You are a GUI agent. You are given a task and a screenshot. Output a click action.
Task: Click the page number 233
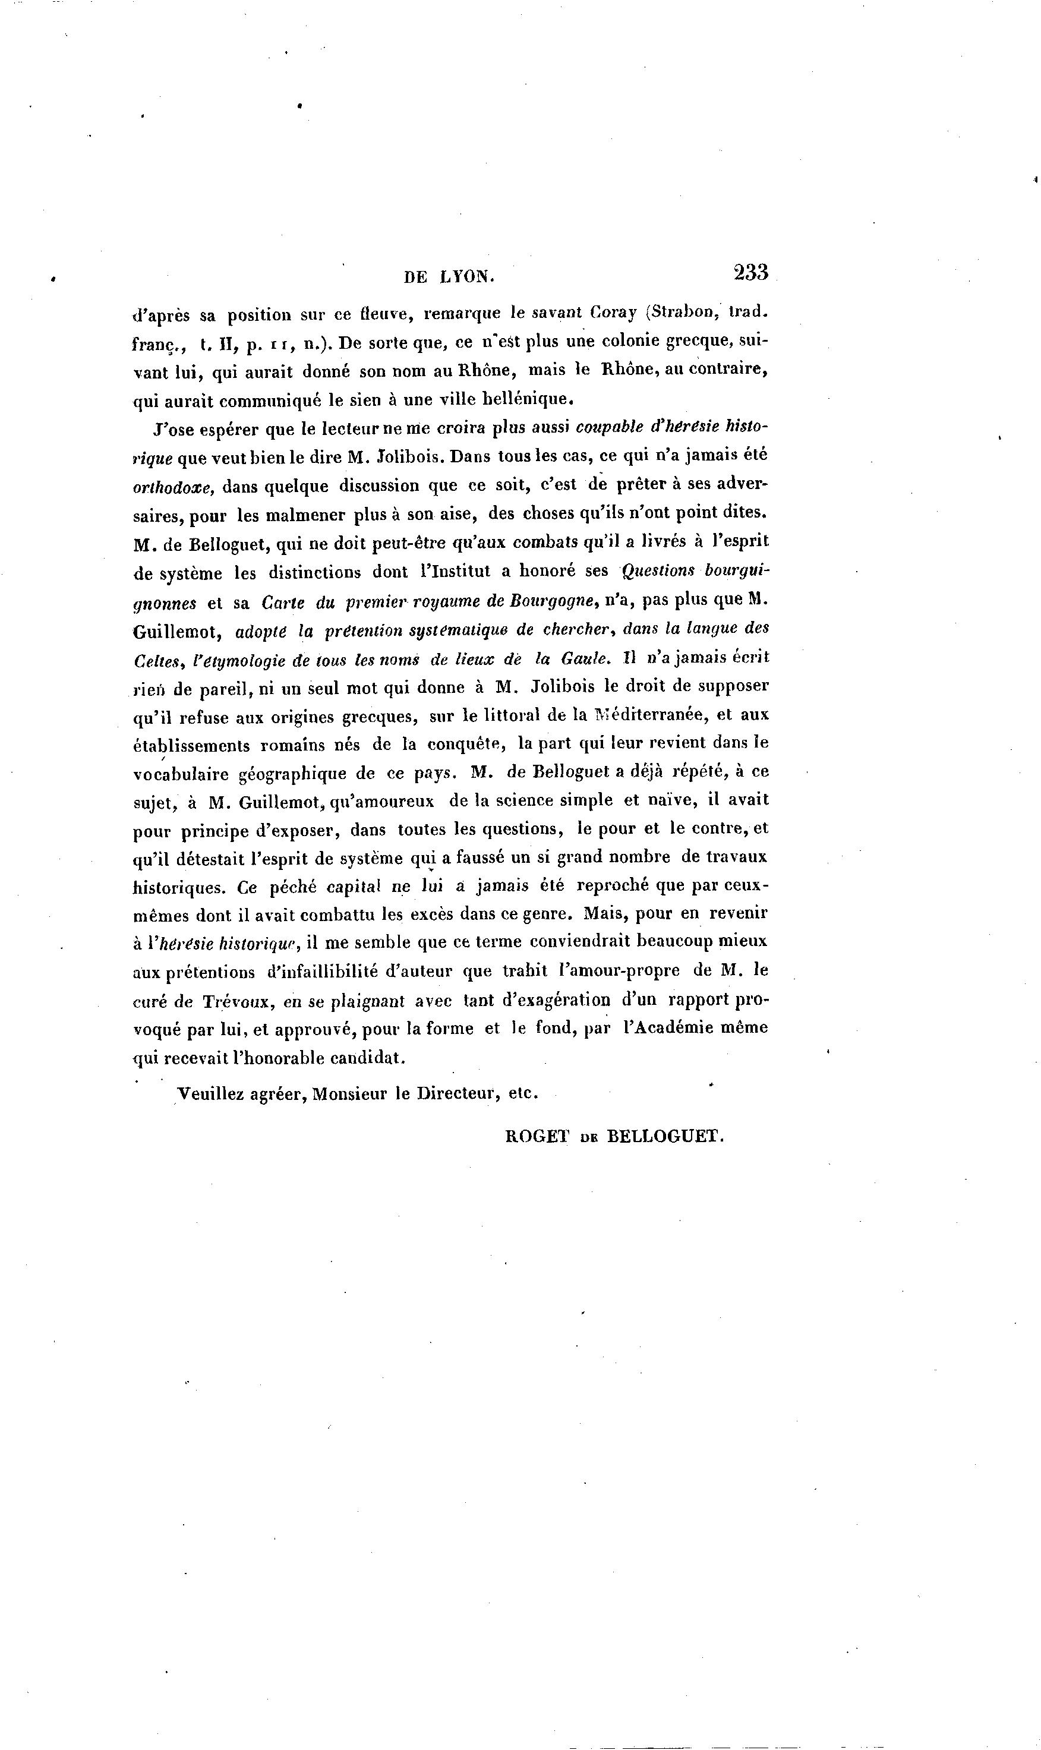[x=750, y=272]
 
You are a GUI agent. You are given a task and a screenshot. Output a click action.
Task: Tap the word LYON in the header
[x=466, y=277]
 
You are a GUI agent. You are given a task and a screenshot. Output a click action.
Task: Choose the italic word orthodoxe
[x=172, y=487]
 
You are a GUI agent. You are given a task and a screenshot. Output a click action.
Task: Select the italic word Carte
[x=283, y=602]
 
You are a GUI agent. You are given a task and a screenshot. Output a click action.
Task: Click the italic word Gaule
[x=583, y=660]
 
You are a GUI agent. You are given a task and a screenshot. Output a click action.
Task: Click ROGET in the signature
[x=537, y=1136]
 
